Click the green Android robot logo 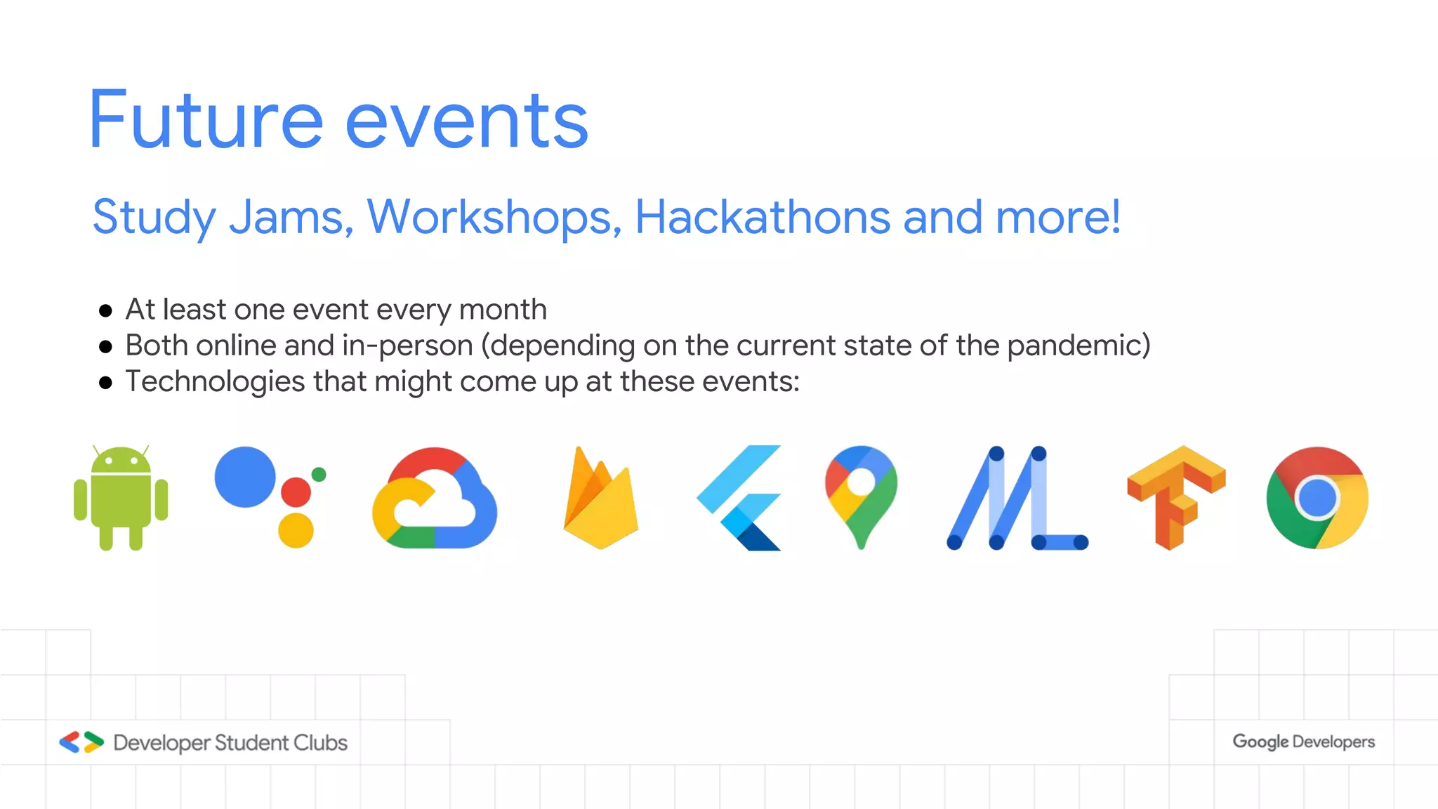point(121,499)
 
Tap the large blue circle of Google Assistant point(245,477)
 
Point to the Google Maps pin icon point(861,496)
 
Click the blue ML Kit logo point(1017,499)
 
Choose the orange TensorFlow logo point(1176,496)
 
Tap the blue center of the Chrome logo point(1317,498)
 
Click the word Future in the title point(205,121)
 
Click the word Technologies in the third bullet point(215,382)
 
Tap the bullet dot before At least point(106,310)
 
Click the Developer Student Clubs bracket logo point(81,742)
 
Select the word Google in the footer point(1260,742)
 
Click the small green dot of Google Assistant point(319,474)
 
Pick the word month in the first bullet point(503,310)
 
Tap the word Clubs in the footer point(320,743)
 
